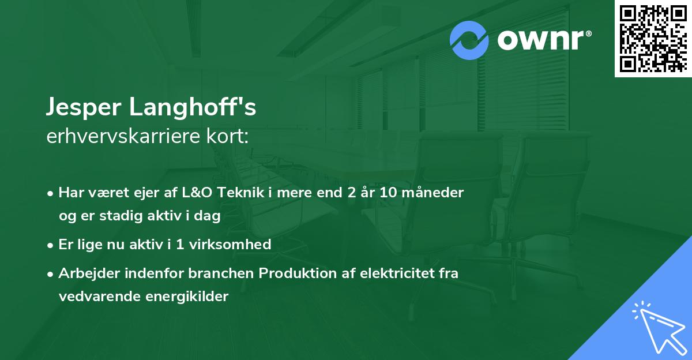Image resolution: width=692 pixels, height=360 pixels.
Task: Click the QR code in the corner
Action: (652, 38)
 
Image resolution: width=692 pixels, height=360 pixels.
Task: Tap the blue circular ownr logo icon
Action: (469, 40)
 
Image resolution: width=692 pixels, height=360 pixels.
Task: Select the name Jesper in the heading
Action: (84, 108)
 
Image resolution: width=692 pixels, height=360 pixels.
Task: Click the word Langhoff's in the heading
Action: (193, 108)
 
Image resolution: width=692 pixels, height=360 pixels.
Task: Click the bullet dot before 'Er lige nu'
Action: (51, 245)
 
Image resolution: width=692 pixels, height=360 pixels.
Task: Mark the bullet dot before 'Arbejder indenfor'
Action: (51, 274)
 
